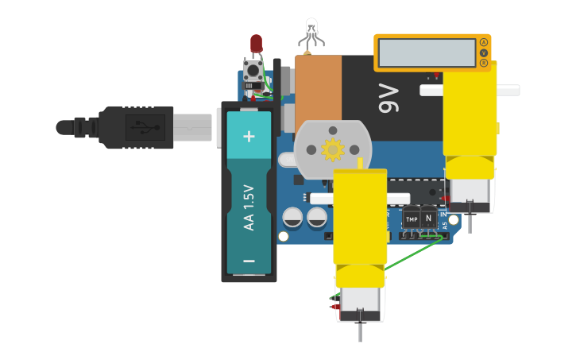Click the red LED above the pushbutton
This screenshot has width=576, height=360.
(256, 43)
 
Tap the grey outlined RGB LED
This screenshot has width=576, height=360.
(311, 30)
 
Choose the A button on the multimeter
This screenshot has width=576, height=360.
(484, 42)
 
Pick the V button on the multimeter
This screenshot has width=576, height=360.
(484, 52)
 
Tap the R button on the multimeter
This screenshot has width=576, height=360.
(484, 63)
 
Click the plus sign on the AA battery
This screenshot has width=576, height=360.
(249, 136)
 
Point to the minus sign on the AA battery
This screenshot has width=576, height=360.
(249, 261)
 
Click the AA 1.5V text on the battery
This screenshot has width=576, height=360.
(249, 207)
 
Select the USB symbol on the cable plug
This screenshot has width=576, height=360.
(144, 126)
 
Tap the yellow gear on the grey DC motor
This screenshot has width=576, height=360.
(331, 149)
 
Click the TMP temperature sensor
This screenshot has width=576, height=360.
(411, 219)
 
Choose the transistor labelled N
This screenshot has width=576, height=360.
(428, 217)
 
